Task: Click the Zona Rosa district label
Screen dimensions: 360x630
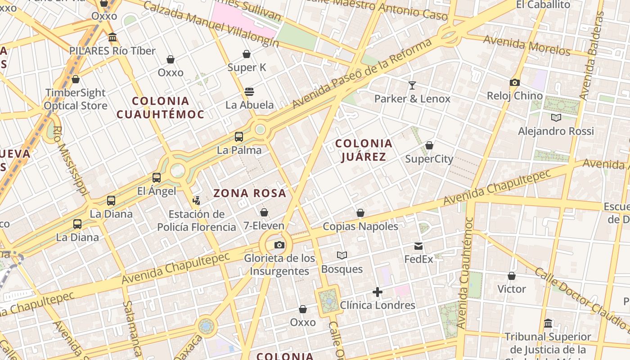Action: pyautogui.click(x=250, y=193)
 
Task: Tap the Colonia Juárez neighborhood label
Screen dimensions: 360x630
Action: pyautogui.click(x=364, y=150)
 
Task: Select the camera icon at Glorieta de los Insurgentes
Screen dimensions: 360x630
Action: pyautogui.click(x=279, y=245)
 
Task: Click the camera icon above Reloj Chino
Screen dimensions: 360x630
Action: pyautogui.click(x=515, y=83)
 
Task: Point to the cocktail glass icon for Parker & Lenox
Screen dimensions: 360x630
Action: pyautogui.click(x=412, y=85)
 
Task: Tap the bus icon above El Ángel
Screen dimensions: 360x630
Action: pyautogui.click(x=157, y=178)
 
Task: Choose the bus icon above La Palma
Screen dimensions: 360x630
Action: pyautogui.click(x=239, y=137)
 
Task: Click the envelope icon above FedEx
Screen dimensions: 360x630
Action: pyautogui.click(x=418, y=246)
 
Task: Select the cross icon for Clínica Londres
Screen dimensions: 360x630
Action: pyautogui.click(x=378, y=292)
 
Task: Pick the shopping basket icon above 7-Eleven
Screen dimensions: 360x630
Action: pyautogui.click(x=264, y=212)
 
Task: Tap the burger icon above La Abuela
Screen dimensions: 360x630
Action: pyautogui.click(x=249, y=92)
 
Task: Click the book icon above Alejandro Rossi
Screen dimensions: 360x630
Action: pyautogui.click(x=556, y=118)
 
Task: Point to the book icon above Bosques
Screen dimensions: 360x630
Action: pyautogui.click(x=342, y=256)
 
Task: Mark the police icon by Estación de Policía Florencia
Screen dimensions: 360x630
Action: pyautogui.click(x=196, y=201)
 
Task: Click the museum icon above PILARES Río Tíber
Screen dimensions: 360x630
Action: pyautogui.click(x=112, y=37)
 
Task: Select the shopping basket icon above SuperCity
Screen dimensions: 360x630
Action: pyautogui.click(x=429, y=145)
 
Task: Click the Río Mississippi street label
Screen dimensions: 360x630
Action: pyautogui.click(x=70, y=160)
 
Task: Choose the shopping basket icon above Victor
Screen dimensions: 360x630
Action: pyautogui.click(x=512, y=276)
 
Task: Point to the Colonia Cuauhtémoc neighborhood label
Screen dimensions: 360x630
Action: pyautogui.click(x=160, y=108)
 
